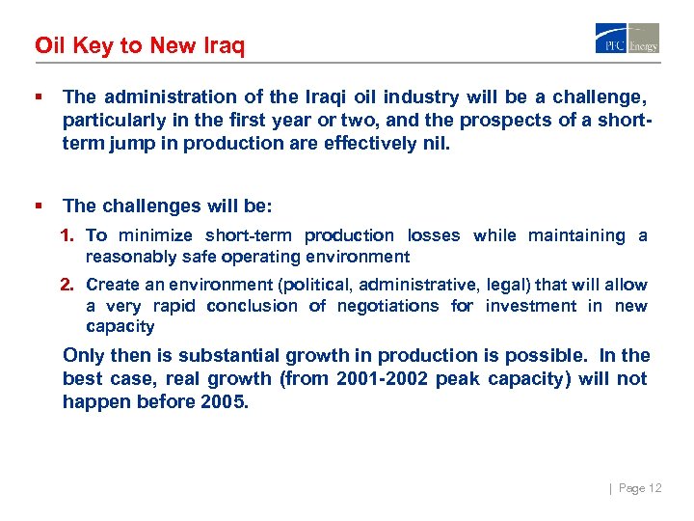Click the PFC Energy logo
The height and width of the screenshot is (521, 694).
(627, 39)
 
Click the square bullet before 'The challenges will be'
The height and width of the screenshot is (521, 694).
(38, 206)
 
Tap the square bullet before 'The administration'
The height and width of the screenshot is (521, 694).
(38, 96)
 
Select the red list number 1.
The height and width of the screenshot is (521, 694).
(67, 235)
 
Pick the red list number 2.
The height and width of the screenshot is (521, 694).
(67, 285)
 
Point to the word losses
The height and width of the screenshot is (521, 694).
(434, 235)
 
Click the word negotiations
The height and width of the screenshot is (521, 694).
(385, 306)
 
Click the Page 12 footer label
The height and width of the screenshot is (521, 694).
(639, 488)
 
